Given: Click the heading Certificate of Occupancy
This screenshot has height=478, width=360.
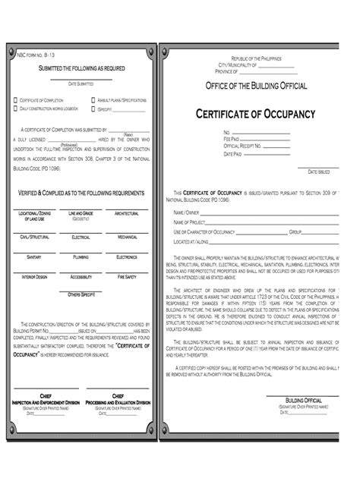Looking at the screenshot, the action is click(x=255, y=114).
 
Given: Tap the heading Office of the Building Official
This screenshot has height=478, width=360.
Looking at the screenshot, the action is click(x=256, y=86).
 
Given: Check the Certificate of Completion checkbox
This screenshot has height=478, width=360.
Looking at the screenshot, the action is click(x=15, y=100).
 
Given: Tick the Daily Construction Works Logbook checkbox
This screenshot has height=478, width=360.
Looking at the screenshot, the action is click(x=15, y=108).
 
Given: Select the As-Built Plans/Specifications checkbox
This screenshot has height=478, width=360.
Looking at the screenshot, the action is click(x=93, y=100).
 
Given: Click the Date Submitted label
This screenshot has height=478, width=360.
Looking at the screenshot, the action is click(x=81, y=83).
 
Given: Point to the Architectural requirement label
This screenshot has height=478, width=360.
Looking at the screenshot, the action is click(x=126, y=215).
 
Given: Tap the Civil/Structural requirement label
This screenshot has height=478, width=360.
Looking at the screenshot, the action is click(x=34, y=237).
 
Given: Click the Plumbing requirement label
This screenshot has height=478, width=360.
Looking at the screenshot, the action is click(x=81, y=257).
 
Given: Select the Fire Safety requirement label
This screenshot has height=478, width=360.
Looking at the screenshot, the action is click(x=126, y=278).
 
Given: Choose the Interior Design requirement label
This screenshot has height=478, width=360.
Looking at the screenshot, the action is click(x=34, y=278).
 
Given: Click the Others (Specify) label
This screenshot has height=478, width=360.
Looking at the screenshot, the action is click(x=81, y=293).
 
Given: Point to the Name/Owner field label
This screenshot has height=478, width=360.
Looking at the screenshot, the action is click(x=186, y=212).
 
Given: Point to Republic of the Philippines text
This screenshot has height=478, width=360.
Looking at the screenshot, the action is click(x=257, y=58).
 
